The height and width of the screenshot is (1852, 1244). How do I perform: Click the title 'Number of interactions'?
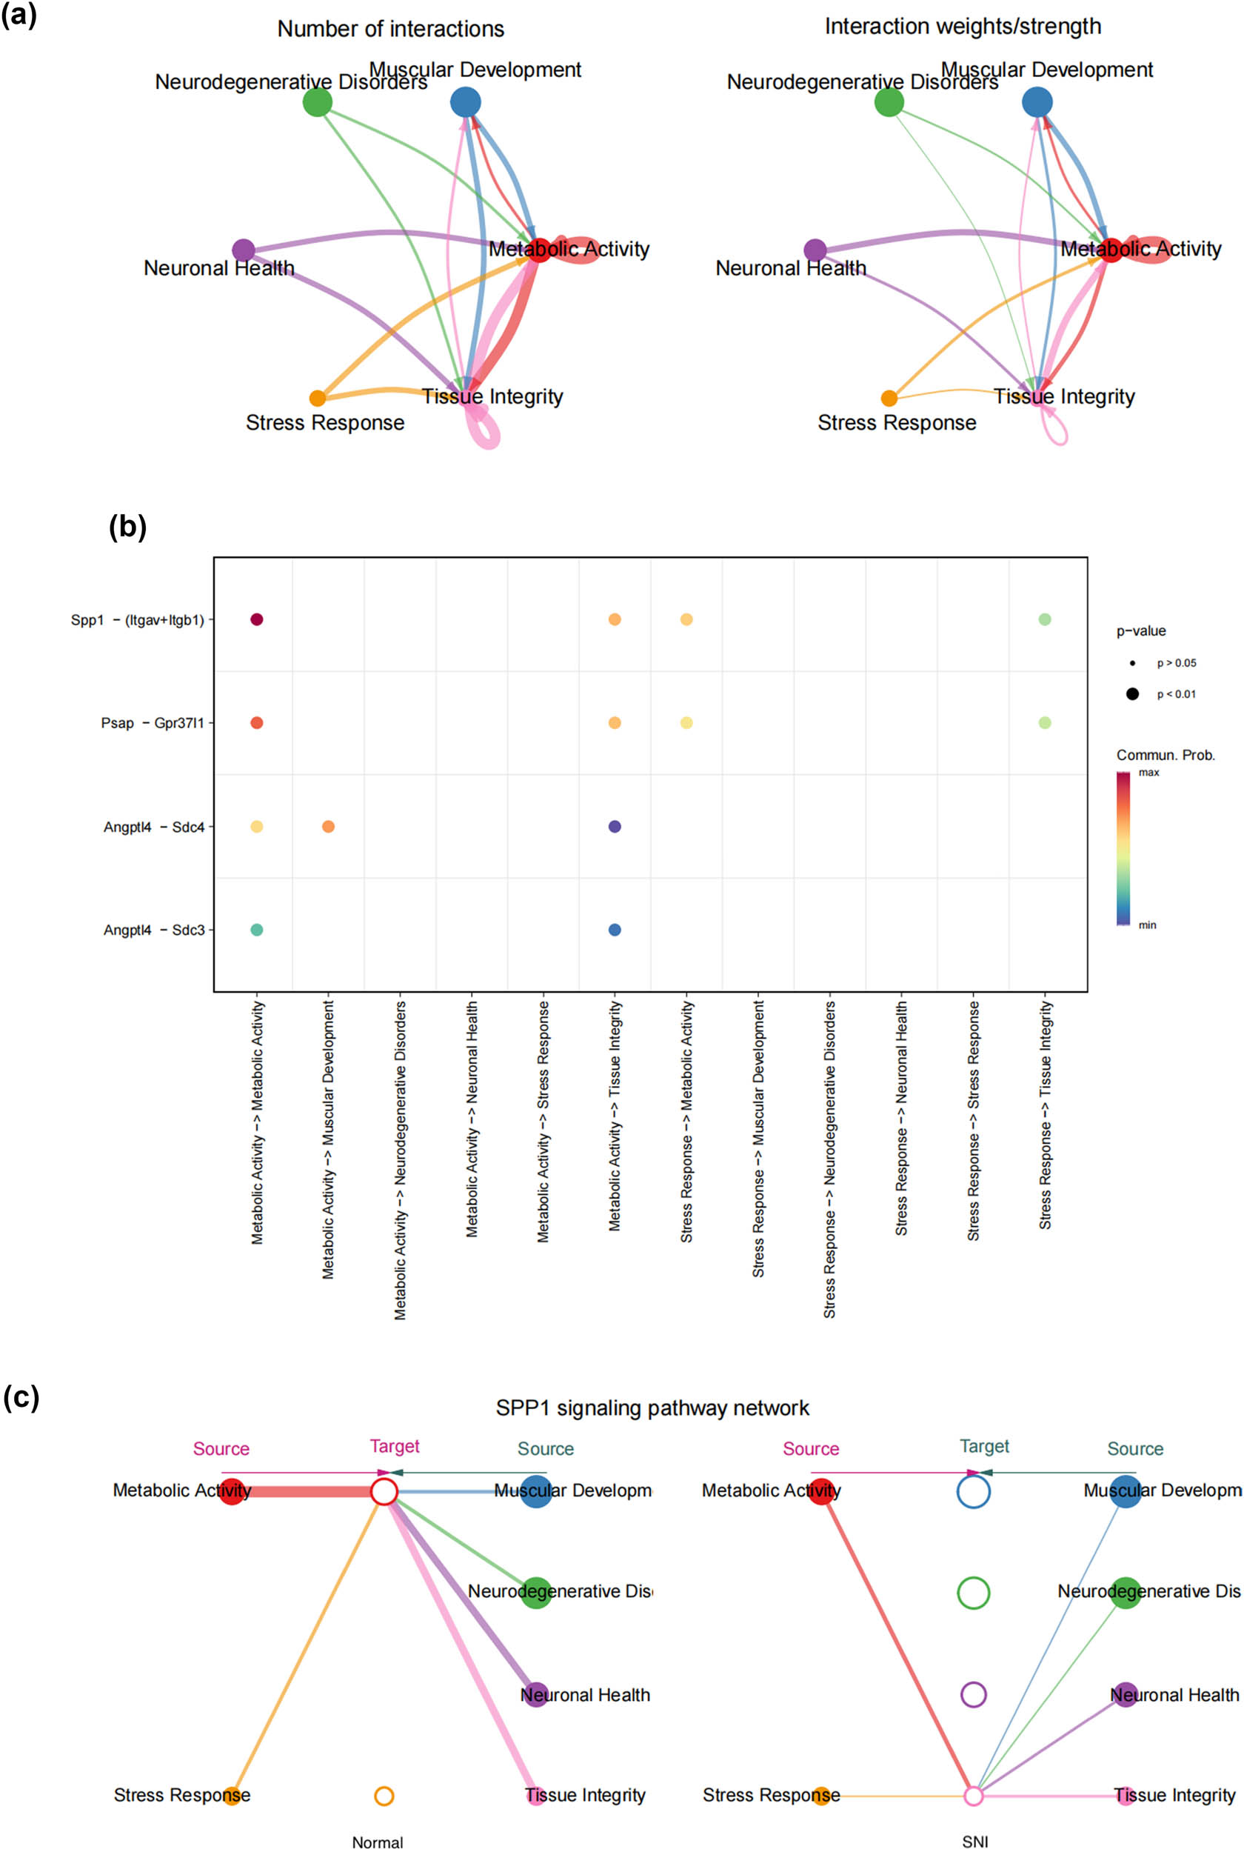coord(390,30)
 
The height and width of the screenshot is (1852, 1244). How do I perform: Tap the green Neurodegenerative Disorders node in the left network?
coord(318,102)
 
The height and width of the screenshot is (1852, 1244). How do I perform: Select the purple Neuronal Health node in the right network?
coord(815,250)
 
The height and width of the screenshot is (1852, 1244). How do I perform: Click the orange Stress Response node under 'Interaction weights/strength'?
coord(889,399)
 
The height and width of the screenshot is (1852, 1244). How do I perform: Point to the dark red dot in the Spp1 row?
coord(256,620)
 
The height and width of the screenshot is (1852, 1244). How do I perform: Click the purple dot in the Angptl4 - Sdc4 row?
coord(615,827)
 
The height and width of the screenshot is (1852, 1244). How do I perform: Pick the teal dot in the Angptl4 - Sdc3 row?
coord(256,930)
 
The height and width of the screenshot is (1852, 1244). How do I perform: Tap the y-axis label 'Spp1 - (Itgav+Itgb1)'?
coord(137,621)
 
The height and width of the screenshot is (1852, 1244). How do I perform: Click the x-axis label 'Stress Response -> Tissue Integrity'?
coord(1045,1115)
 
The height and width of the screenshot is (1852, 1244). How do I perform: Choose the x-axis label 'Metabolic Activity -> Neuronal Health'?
coord(472,1119)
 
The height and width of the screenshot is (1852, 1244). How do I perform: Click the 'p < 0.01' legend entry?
coord(1176,694)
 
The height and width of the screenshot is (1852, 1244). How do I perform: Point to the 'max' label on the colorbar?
coord(1148,772)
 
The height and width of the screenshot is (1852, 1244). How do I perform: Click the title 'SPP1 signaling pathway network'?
coord(652,1408)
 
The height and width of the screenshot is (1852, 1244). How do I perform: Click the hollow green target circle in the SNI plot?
coord(974,1593)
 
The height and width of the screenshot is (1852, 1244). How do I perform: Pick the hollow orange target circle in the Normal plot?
coord(384,1796)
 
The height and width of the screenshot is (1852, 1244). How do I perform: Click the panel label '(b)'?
coord(127,526)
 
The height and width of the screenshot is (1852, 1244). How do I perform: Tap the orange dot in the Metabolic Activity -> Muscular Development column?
coord(329,827)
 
